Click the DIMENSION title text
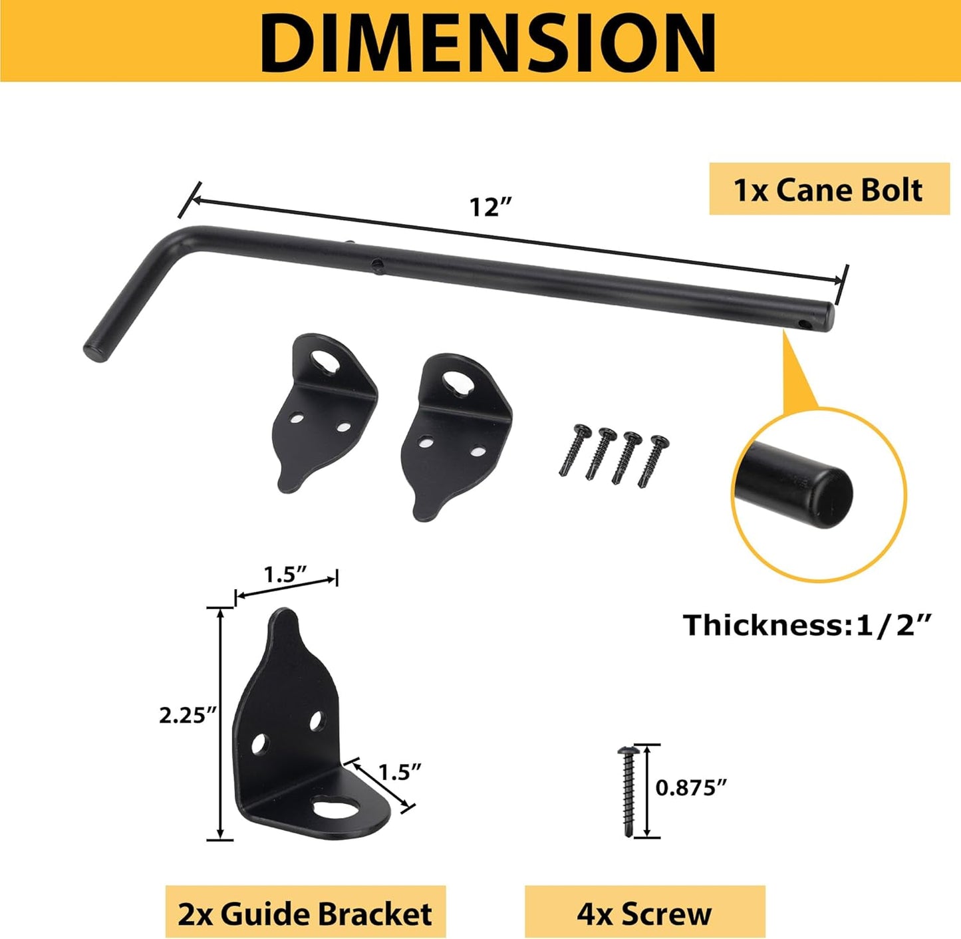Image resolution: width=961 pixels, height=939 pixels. [487, 41]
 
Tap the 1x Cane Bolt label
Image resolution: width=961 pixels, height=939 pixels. [829, 190]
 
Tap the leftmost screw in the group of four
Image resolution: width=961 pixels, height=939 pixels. [574, 450]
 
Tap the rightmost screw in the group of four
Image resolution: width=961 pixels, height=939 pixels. [653, 461]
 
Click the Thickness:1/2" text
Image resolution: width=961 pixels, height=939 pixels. [807, 625]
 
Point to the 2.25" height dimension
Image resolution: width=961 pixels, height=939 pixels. [188, 716]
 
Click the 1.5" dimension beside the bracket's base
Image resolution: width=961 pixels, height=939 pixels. [400, 772]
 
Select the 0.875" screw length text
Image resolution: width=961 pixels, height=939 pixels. [691, 787]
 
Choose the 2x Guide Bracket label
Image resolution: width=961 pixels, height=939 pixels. [305, 914]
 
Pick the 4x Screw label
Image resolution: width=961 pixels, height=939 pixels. [644, 914]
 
